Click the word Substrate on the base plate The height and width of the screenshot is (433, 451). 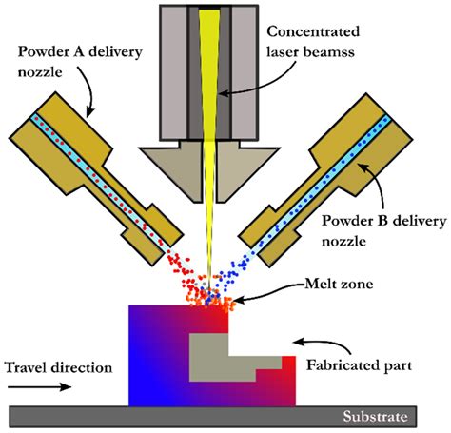point(379,417)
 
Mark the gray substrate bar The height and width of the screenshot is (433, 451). point(190,417)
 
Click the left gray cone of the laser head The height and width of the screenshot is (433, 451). point(171,167)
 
